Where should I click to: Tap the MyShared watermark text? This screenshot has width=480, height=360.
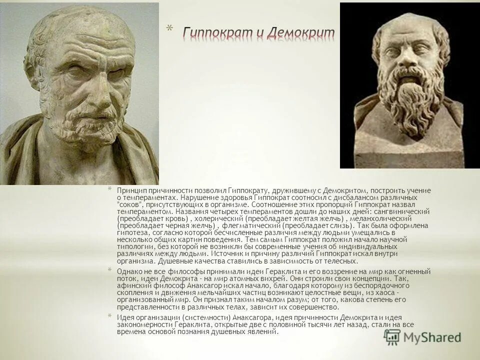434,337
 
